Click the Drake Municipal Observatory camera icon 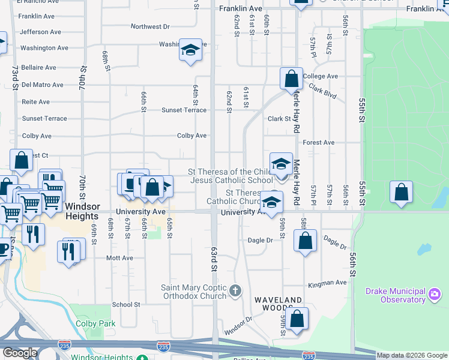point(435,294)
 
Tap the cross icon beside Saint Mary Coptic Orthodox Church point(236,292)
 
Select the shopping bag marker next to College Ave point(291,78)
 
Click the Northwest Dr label point(150,27)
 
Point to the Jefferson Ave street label point(40,32)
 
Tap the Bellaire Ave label point(38,68)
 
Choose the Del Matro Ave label point(43,85)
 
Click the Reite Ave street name point(35,102)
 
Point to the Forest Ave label point(319,143)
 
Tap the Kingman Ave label point(327,283)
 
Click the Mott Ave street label point(119,258)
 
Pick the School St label point(126,305)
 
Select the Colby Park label point(95,324)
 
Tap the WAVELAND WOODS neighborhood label point(278,300)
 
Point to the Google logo point(19,353)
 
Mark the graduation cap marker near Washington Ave point(190,50)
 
